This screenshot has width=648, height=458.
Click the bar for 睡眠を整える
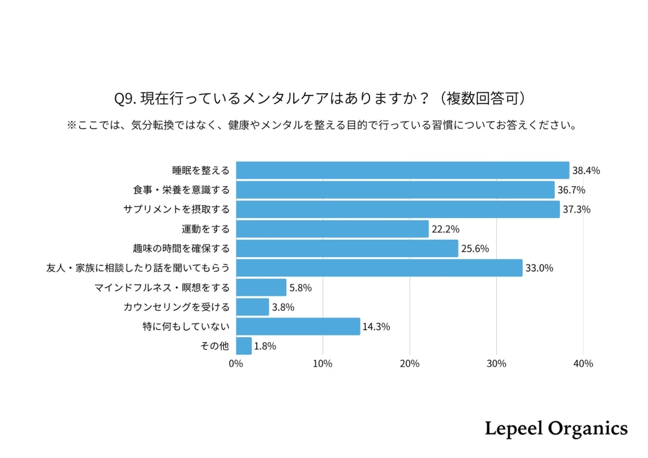tap(402, 170)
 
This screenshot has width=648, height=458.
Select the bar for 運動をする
tap(332, 229)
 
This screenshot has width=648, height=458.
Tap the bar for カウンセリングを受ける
tap(252, 307)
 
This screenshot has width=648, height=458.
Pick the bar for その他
tap(244, 346)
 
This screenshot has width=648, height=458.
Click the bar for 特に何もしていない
tap(298, 326)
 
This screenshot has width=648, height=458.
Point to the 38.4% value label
tap(586, 171)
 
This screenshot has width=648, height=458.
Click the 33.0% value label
tap(539, 268)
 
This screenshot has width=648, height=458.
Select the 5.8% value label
tap(300, 288)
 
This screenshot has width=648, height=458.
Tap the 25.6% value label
tap(474, 248)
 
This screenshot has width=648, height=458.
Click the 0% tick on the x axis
tap(235, 364)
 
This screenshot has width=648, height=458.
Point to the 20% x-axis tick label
tap(409, 364)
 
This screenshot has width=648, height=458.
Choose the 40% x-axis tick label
tap(583, 364)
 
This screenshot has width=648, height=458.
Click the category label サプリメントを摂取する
tap(176, 210)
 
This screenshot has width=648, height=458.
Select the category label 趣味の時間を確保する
tap(181, 248)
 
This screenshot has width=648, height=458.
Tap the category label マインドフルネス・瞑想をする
tap(162, 287)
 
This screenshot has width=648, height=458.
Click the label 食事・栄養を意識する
tap(181, 190)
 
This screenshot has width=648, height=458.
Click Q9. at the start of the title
tap(124, 98)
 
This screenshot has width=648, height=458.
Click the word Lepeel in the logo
tap(513, 428)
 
